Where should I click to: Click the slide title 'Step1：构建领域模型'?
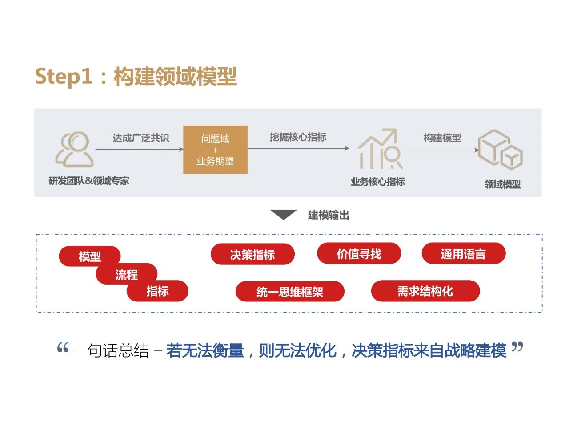(136, 76)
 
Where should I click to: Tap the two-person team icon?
(74, 149)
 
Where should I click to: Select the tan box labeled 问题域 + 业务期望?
(215, 150)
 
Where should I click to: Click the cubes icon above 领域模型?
(500, 150)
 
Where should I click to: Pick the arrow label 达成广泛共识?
(140, 138)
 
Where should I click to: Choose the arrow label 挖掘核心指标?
(298, 137)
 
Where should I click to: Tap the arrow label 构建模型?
(442, 138)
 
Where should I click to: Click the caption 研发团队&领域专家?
(89, 181)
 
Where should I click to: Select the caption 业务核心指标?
(377, 182)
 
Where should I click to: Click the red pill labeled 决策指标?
(252, 254)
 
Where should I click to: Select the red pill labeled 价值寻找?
(359, 254)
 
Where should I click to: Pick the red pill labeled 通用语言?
(463, 254)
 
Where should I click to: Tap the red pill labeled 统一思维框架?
(290, 292)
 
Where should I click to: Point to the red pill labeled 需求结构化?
(425, 291)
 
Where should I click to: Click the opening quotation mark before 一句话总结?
(63, 348)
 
